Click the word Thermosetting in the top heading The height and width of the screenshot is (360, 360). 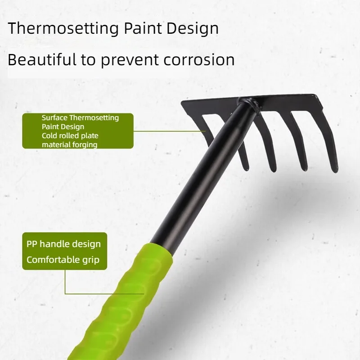[x=63, y=29]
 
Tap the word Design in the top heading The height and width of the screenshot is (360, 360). [x=193, y=29]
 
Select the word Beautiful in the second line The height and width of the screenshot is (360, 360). [x=42, y=59]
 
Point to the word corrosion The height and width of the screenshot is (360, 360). [x=199, y=60]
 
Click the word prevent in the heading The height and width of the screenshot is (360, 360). [x=129, y=61]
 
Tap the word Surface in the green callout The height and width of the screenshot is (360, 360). [x=54, y=117]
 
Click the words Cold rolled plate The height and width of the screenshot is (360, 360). [x=70, y=136]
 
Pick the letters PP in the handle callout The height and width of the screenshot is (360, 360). [x=31, y=244]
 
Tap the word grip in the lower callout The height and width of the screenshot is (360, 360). [x=91, y=260]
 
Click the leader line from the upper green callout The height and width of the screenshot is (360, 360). [x=170, y=131]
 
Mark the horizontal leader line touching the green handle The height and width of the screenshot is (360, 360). [x=104, y=294]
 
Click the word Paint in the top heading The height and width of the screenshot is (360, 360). [x=143, y=28]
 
